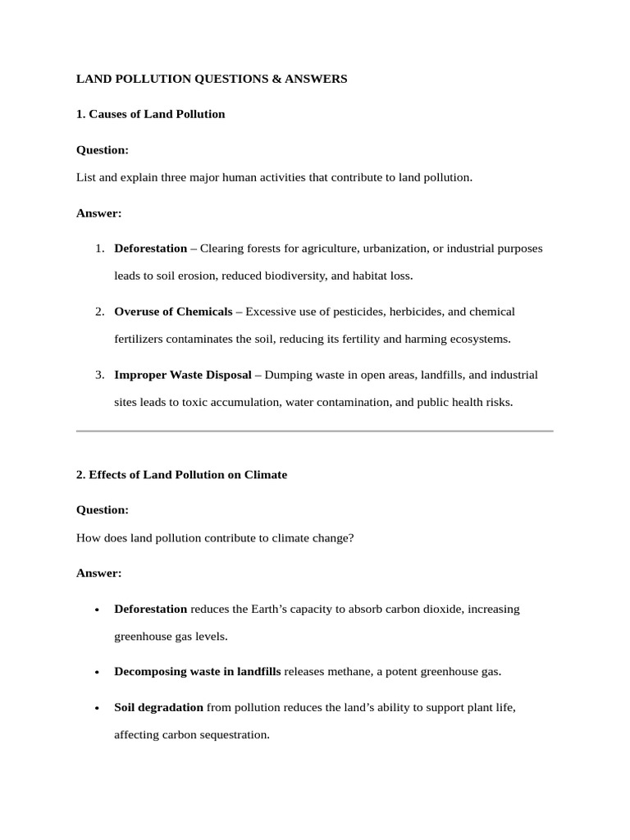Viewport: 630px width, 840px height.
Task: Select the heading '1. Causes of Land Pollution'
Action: tap(150, 114)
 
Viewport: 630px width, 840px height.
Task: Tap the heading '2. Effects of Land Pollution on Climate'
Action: tap(181, 475)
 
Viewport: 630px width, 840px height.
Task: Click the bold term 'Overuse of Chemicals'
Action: tap(173, 312)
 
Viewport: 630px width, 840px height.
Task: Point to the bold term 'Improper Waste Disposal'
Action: tap(183, 375)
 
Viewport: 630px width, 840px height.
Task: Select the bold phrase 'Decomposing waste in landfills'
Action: tap(197, 671)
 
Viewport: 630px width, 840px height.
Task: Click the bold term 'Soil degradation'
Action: tap(158, 707)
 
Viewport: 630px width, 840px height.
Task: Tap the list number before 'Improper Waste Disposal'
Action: tap(98, 375)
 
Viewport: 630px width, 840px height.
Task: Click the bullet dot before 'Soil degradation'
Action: tap(98, 708)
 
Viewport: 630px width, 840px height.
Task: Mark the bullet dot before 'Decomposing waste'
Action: tap(98, 672)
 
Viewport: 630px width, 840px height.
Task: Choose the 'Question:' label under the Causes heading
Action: tap(103, 150)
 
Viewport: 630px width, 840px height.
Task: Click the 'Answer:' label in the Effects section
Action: tap(98, 573)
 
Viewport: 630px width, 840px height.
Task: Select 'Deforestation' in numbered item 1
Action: tap(150, 248)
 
